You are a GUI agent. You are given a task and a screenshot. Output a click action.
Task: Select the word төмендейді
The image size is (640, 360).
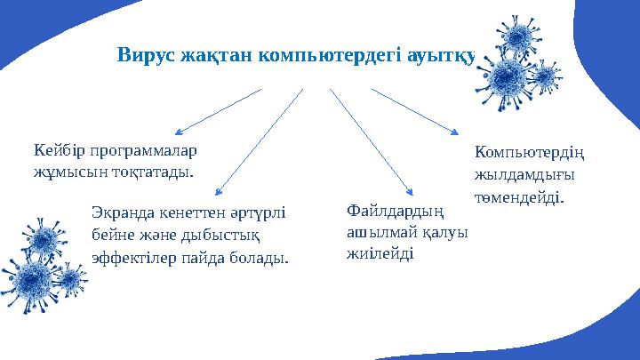point(519,196)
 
